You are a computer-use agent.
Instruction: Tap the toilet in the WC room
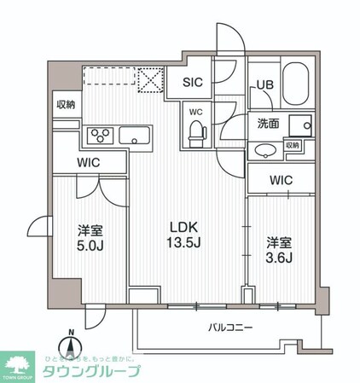pyautogui.click(x=196, y=129)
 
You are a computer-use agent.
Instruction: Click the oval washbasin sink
pyautogui.click(x=264, y=150)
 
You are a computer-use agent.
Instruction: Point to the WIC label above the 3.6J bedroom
pyautogui.click(x=282, y=180)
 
